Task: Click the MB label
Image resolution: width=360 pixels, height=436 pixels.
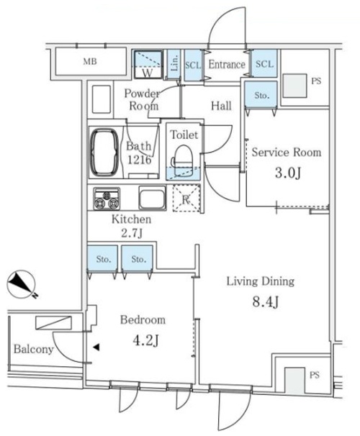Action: click(90, 61)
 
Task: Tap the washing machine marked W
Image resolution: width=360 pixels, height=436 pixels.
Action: click(148, 64)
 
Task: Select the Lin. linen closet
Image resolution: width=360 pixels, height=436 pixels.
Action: click(174, 64)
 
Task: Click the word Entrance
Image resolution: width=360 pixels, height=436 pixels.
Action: click(227, 65)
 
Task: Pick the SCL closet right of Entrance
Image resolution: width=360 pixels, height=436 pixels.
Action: click(264, 63)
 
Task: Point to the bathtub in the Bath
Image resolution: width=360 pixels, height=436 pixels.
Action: click(104, 152)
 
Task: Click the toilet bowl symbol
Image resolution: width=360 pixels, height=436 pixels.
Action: click(182, 160)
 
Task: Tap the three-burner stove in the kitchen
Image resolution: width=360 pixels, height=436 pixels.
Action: click(107, 199)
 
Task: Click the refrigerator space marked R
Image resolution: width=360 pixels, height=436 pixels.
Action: click(186, 199)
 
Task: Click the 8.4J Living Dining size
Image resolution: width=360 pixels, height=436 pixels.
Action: click(265, 301)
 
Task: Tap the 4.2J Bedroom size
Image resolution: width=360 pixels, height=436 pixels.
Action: click(145, 340)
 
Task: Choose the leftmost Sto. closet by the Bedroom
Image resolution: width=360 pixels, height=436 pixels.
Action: click(103, 258)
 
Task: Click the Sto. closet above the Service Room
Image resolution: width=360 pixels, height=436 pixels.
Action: click(261, 94)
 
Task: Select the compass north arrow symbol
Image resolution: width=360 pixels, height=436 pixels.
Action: click(21, 284)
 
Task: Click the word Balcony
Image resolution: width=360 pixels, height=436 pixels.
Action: click(34, 349)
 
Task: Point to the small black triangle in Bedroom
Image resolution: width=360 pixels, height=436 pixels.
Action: click(96, 347)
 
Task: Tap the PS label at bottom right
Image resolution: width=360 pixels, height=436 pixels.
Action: click(315, 376)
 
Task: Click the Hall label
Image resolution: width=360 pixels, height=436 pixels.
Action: click(221, 106)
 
